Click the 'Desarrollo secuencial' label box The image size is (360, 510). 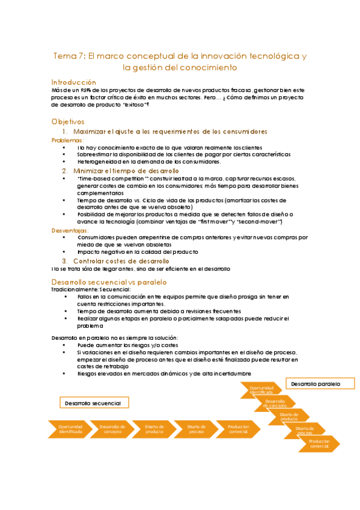click(93, 403)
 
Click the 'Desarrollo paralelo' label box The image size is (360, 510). click(316, 383)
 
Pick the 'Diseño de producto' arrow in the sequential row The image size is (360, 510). click(153, 429)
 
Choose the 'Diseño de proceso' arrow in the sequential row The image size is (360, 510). click(195, 429)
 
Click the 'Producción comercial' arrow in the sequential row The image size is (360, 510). click(237, 429)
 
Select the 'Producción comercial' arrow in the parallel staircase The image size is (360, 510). click(319, 444)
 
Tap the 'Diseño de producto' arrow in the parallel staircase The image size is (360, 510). click(290, 416)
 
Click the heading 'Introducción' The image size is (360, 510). click(73, 82)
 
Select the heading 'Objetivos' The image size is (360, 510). click(68, 121)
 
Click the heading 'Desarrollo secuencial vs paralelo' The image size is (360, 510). click(109, 281)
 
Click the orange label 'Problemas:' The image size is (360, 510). click(69, 140)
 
